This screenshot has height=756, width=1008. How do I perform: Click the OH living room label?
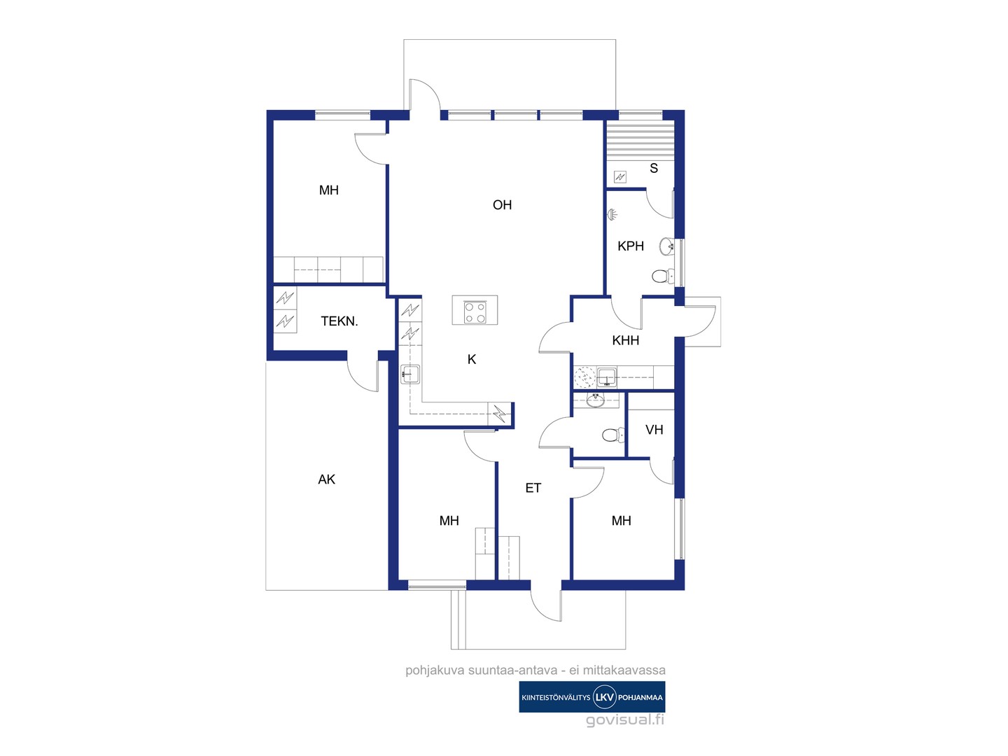(502, 204)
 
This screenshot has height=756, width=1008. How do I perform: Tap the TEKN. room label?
(339, 321)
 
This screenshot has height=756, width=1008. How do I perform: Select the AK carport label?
(326, 479)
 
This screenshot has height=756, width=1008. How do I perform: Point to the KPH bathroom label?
(631, 246)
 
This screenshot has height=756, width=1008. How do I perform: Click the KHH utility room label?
(626, 340)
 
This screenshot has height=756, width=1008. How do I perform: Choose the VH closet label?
(654, 430)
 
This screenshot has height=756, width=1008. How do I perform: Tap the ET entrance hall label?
(533, 488)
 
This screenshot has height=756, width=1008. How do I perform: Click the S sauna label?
(654, 169)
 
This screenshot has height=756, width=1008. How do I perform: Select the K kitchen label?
(472, 359)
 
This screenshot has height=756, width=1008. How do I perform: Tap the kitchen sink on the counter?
(410, 374)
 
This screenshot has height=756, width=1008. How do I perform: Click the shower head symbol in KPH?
(612, 214)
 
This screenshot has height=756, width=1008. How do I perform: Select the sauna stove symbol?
(620, 176)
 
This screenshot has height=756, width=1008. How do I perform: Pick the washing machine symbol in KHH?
(584, 377)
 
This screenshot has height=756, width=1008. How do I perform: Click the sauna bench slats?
(640, 141)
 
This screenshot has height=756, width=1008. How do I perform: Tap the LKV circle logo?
(604, 697)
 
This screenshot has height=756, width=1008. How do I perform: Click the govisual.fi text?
(625, 720)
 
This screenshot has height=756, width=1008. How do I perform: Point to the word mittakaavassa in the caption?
(624, 670)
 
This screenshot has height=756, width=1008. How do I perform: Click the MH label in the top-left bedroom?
(329, 190)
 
